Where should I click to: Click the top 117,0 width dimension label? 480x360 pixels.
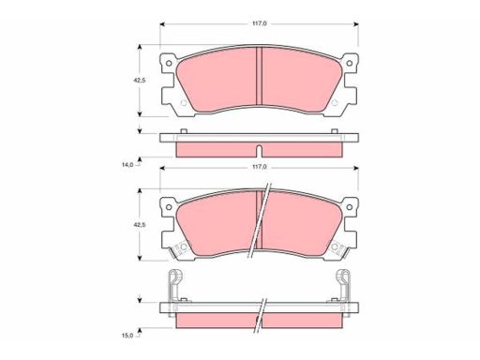pyautogui.click(x=260, y=23)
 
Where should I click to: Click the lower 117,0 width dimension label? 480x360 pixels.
pyautogui.click(x=260, y=167)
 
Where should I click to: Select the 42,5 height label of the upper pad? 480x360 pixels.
pyautogui.click(x=140, y=81)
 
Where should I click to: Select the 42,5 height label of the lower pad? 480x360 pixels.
pyautogui.click(x=140, y=224)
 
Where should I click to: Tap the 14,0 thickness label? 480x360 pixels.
pyautogui.click(x=127, y=164)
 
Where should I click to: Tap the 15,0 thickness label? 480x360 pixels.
pyautogui.click(x=127, y=336)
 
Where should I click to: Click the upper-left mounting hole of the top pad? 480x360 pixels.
pyautogui.click(x=169, y=63)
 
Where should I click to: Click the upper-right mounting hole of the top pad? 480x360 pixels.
pyautogui.click(x=350, y=63)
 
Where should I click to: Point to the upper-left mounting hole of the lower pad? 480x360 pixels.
pyautogui.click(x=169, y=207)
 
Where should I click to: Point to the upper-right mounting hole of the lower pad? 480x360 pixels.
pyautogui.click(x=350, y=207)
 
